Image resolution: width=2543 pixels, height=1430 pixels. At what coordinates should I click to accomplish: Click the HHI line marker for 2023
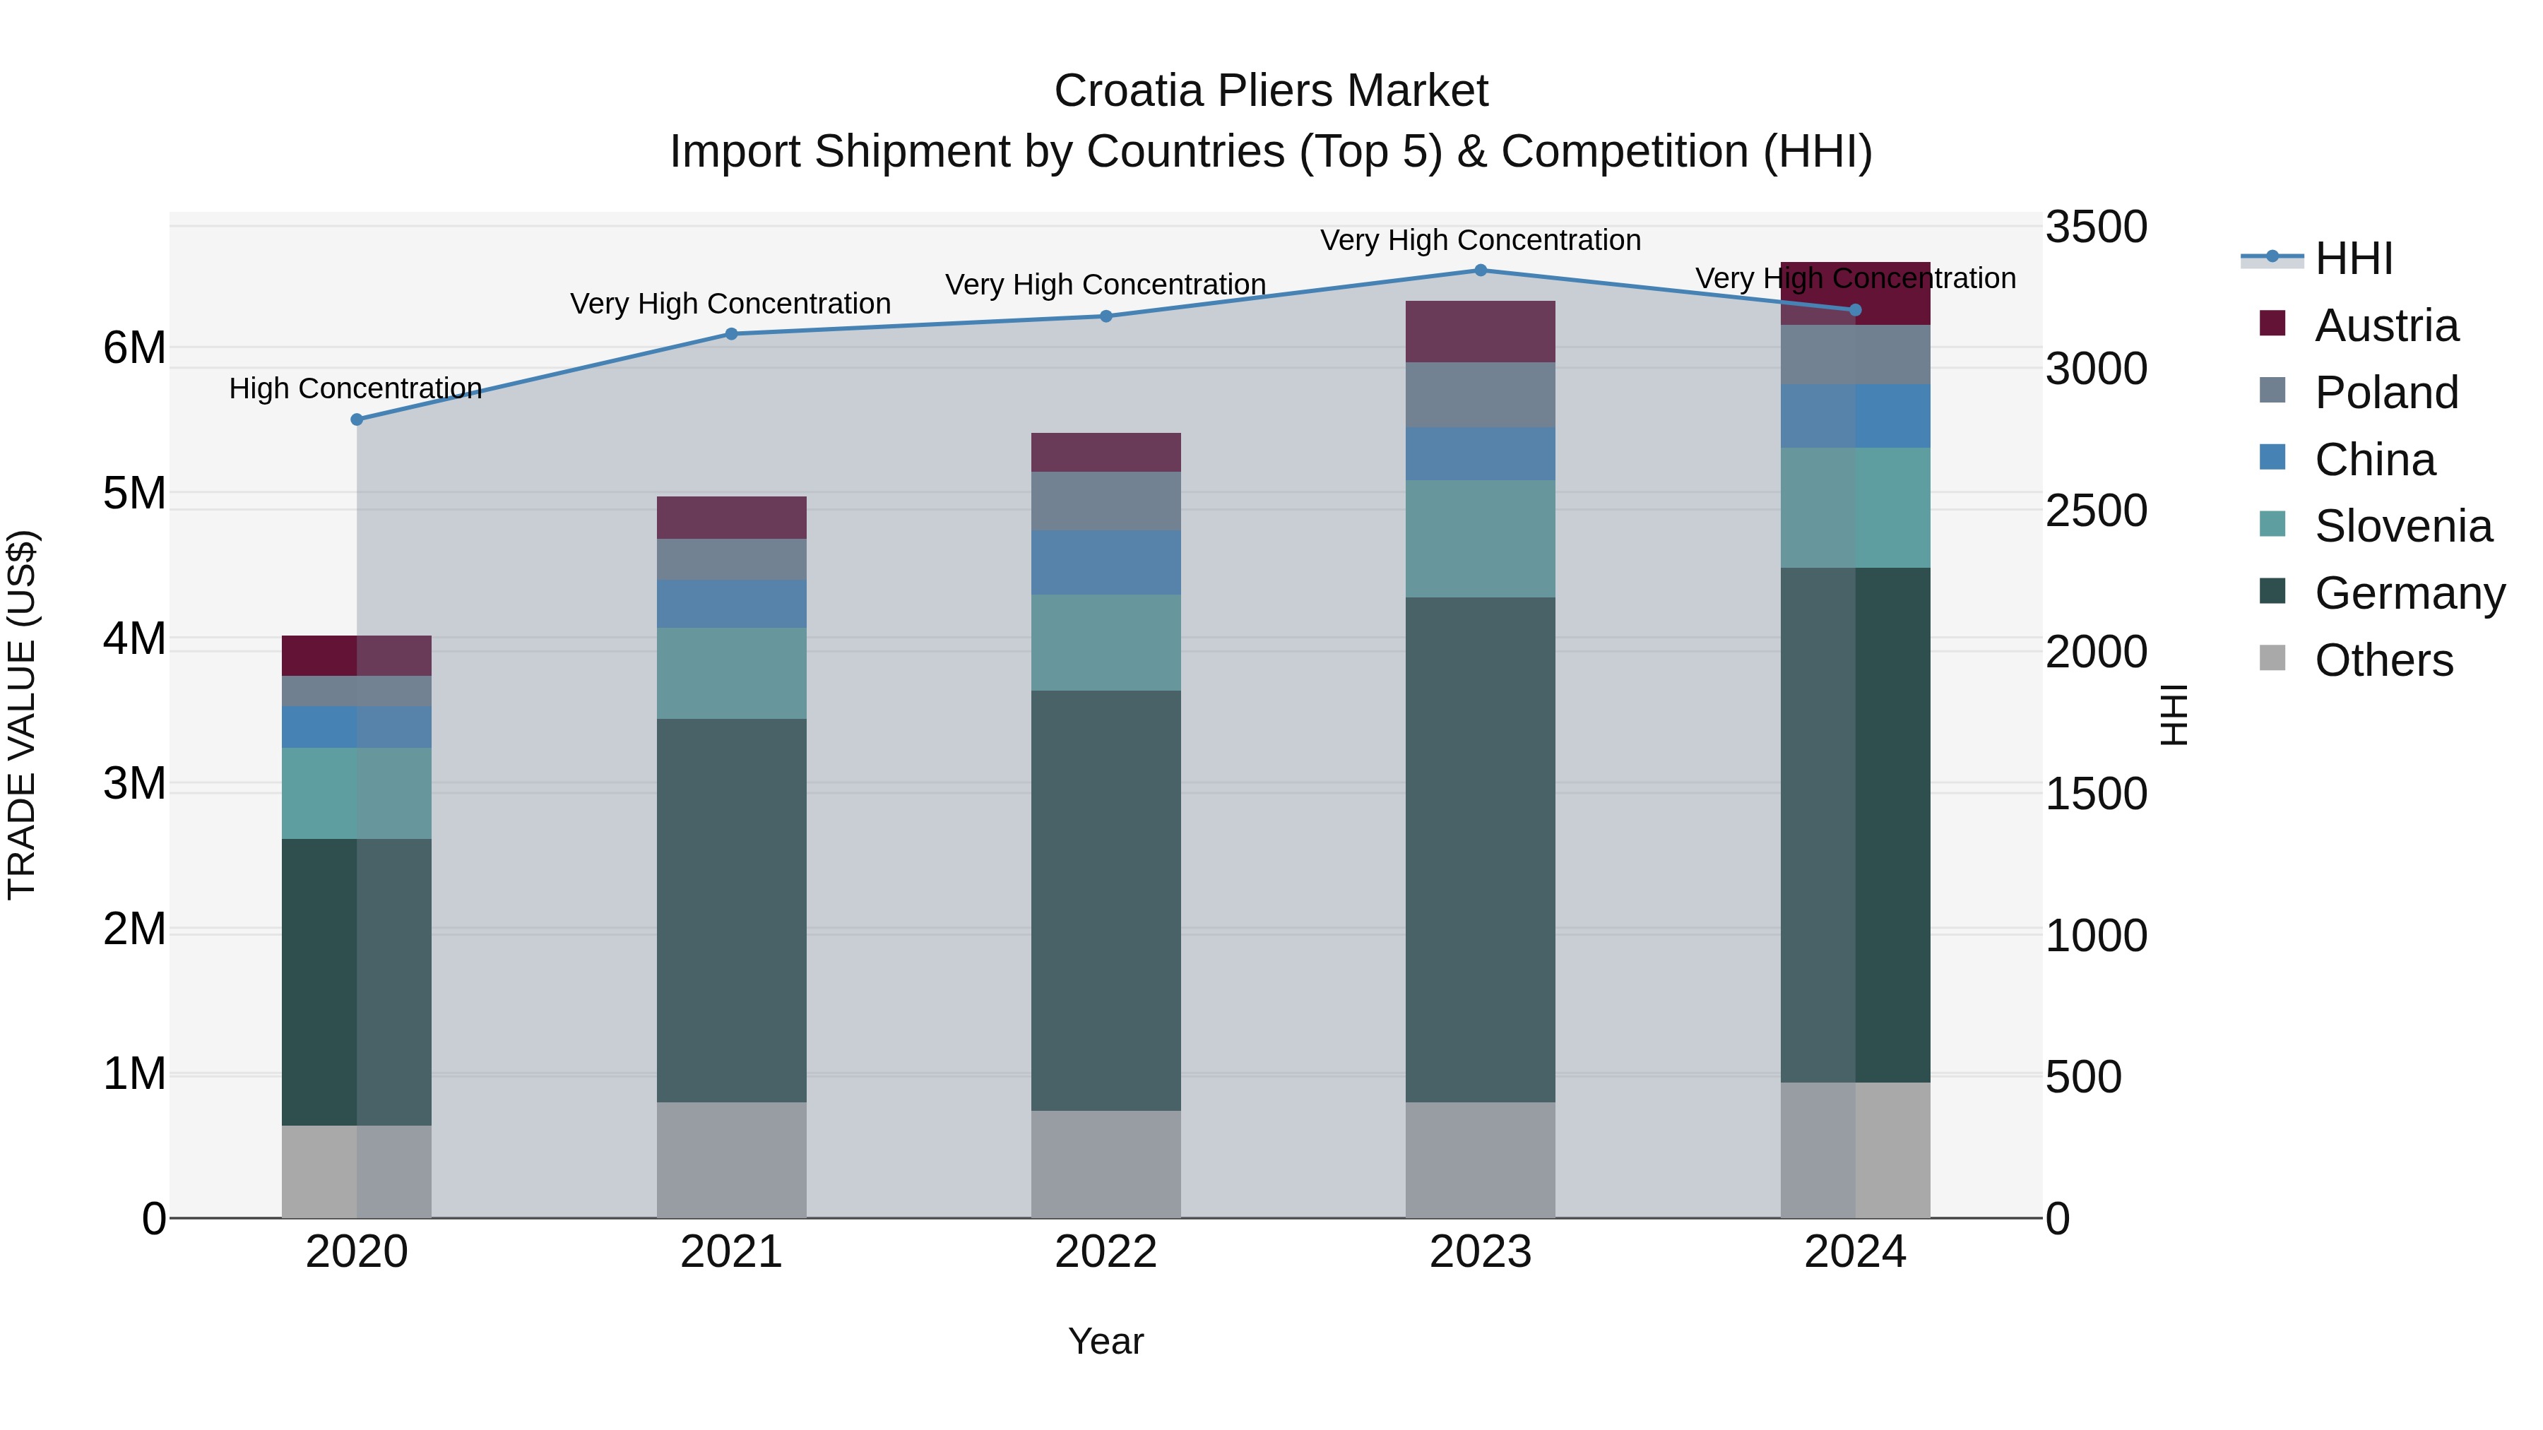[1480, 270]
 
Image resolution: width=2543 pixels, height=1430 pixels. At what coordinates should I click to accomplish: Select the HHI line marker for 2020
[357, 419]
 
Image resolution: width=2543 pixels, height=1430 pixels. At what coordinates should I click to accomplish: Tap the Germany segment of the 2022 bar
[1105, 900]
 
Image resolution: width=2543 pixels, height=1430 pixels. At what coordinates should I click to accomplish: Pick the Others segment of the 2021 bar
[732, 1159]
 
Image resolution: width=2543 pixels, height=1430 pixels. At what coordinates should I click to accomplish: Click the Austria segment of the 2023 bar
[1480, 332]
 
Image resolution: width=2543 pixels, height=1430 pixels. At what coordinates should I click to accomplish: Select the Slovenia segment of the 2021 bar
[732, 673]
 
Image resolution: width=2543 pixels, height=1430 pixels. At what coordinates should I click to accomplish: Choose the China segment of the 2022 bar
[1105, 563]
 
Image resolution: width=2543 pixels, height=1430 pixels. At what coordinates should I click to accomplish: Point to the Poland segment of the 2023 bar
[1480, 395]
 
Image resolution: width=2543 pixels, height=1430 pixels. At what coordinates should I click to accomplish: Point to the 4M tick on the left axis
[134, 638]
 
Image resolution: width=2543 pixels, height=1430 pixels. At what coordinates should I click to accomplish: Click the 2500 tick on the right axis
[2095, 511]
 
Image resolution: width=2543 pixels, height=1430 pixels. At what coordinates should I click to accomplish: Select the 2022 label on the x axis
[1105, 1252]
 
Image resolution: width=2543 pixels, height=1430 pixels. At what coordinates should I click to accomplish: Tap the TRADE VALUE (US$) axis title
[22, 715]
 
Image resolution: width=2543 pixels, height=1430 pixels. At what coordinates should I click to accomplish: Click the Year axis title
[1105, 1341]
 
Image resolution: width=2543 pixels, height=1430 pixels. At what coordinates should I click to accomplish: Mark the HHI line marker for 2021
[732, 333]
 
